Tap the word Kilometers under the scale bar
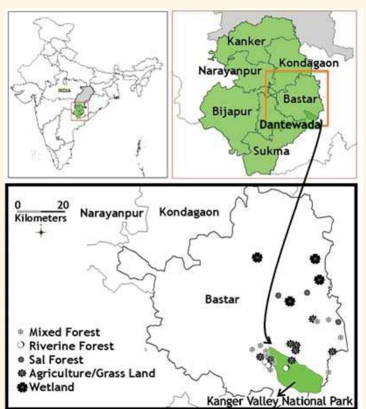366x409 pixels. click(40, 217)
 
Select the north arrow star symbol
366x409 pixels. click(41, 232)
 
